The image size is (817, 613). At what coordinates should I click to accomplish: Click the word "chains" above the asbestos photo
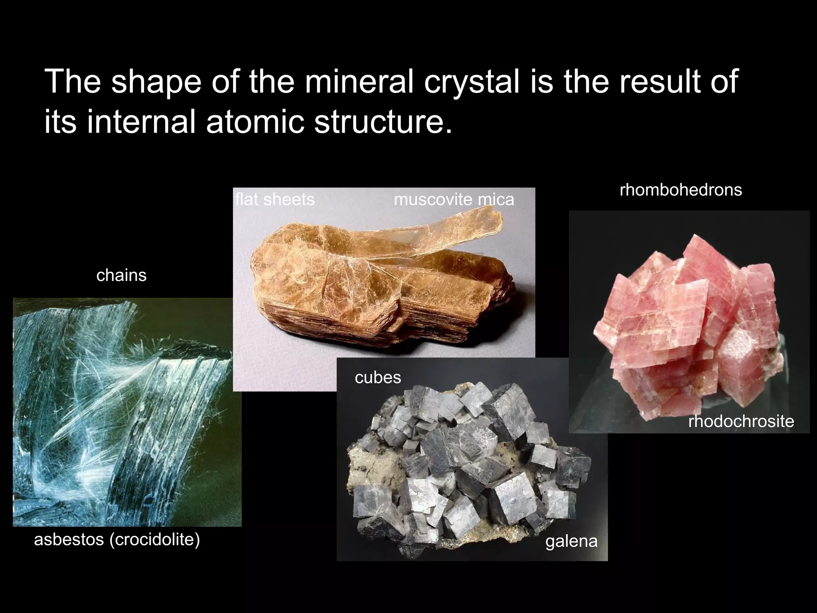[121, 275]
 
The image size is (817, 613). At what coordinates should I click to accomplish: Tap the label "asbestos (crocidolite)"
[117, 540]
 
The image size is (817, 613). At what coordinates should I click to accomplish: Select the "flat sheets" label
[275, 200]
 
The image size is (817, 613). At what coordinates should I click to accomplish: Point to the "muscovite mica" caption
[454, 200]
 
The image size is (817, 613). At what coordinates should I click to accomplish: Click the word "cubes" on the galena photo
[378, 378]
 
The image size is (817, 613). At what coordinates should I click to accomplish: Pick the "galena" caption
[571, 541]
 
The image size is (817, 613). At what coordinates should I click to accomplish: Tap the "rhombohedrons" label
[681, 190]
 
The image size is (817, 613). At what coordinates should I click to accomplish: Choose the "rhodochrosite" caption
[741, 421]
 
